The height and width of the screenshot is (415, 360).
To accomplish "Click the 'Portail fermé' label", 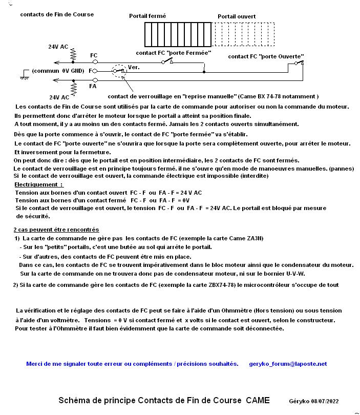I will [x=147, y=16].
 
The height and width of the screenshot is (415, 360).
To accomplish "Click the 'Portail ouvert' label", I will [x=237, y=16].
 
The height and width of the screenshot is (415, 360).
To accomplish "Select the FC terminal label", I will [x=94, y=55].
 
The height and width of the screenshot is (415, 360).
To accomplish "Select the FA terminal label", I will [x=93, y=87].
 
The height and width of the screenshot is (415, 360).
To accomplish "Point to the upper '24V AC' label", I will [x=58, y=47].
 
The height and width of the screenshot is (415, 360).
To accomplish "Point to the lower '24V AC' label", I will [x=59, y=97].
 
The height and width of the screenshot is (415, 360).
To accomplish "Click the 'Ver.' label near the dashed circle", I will [x=133, y=67].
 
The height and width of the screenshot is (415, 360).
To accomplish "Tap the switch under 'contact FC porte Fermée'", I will [x=167, y=61].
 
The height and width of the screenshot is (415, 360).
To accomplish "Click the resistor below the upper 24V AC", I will [x=73, y=54].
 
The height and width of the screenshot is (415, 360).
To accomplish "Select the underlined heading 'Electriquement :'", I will [x=39, y=184].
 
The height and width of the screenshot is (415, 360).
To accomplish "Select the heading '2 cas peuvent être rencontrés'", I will [x=56, y=230].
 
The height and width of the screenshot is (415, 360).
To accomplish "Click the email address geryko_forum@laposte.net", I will [x=288, y=364].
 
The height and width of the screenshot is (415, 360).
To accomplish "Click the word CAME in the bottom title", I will [x=258, y=400].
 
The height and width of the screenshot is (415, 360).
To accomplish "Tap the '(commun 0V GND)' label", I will [x=58, y=71].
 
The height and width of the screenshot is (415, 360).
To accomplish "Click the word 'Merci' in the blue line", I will [x=34, y=364].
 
